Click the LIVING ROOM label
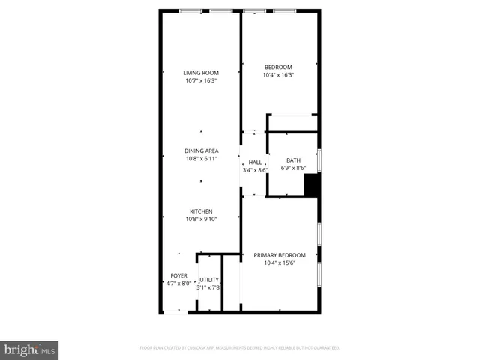201,73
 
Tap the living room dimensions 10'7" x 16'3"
201,80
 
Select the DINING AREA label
201,151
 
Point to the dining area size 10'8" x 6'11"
201,159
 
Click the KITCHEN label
201,211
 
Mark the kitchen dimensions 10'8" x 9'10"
201,219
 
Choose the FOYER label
178,275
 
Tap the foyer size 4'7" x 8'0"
178,283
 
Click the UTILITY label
208,279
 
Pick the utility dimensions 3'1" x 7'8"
208,286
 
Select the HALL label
255,162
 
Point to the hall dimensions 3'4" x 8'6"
255,170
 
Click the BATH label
292,160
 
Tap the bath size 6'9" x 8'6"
292,168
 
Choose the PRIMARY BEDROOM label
279,255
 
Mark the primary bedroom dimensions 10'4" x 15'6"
279,262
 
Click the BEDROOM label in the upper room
278,67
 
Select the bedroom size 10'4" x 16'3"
278,74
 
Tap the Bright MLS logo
30,350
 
